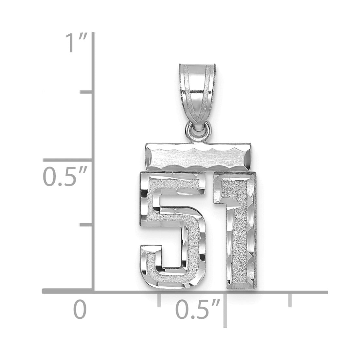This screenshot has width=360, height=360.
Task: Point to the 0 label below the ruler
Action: (80, 310)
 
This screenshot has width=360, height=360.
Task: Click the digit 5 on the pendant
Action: (172, 230)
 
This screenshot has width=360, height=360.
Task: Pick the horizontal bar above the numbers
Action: (198, 156)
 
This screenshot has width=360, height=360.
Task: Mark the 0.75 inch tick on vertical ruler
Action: (87, 92)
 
